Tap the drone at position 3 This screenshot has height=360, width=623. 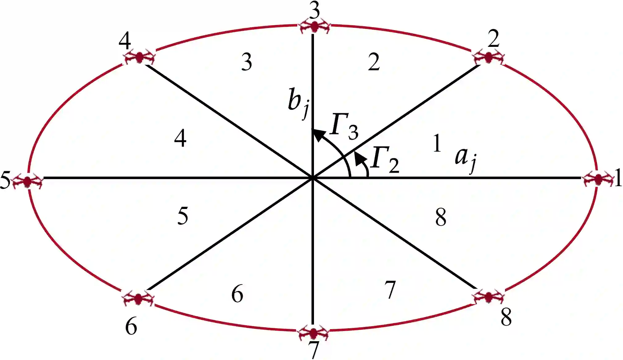pos(314,26)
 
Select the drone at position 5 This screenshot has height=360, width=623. pos(28,181)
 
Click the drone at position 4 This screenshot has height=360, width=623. pos(139,57)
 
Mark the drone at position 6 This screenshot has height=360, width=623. pos(138,298)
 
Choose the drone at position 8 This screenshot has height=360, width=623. pos(488,297)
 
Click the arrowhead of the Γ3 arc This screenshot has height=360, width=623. pos(318,135)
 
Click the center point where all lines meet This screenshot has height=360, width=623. pos(313,178)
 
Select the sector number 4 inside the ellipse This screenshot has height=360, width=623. pos(180,138)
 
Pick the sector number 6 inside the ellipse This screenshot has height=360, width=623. pos(237,294)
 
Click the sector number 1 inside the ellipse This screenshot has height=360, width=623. pos(437,143)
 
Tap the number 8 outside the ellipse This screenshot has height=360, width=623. pos(506,317)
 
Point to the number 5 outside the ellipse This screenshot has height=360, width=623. pos(5,180)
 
